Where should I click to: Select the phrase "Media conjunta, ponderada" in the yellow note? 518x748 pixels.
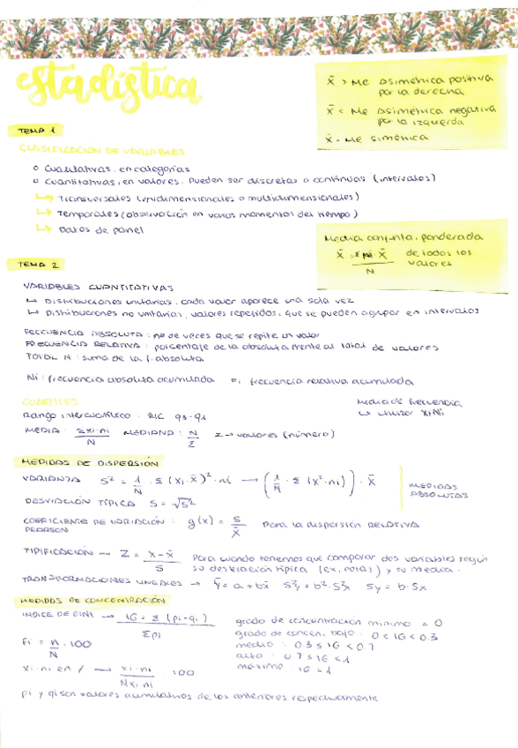tap(403, 237)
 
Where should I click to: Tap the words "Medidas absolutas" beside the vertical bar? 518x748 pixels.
tap(433, 490)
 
